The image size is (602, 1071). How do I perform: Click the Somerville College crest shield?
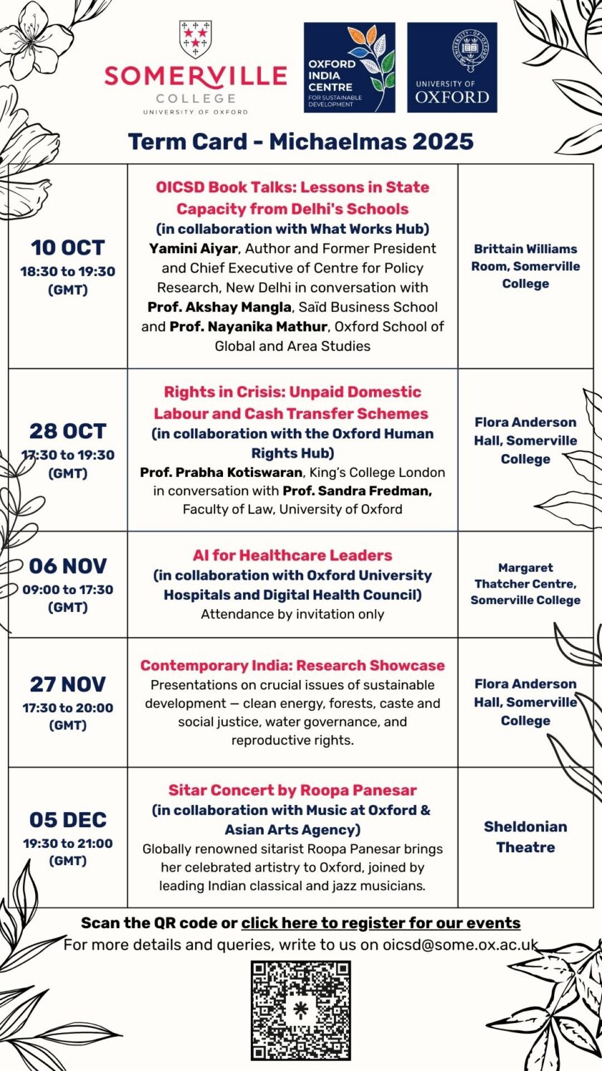pos(195,39)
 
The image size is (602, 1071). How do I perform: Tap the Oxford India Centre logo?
pos(349,67)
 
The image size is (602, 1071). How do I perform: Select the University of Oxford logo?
pos(451,67)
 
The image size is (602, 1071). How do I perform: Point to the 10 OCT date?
pos(67,248)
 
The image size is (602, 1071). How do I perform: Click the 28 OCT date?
pos(67,431)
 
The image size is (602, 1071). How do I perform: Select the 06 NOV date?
pos(67,566)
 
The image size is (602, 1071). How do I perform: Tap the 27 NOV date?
pos(67,684)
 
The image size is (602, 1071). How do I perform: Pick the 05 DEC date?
pos(67,820)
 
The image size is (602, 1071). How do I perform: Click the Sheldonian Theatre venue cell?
pos(525,836)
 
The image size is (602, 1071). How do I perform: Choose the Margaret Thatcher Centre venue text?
pos(525,584)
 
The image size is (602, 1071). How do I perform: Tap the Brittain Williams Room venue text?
pos(525,266)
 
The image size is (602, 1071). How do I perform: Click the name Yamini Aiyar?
pos(189,249)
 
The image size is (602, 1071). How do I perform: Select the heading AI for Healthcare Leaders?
pos(292,555)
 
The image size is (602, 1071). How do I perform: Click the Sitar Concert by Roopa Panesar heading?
pos(292,791)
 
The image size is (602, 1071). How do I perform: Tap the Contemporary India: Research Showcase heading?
pos(292,666)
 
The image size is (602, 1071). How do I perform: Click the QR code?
pos(301,1010)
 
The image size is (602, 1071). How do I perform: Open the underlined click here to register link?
pos(381,923)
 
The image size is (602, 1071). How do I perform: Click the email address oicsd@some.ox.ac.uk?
pos(459,945)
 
